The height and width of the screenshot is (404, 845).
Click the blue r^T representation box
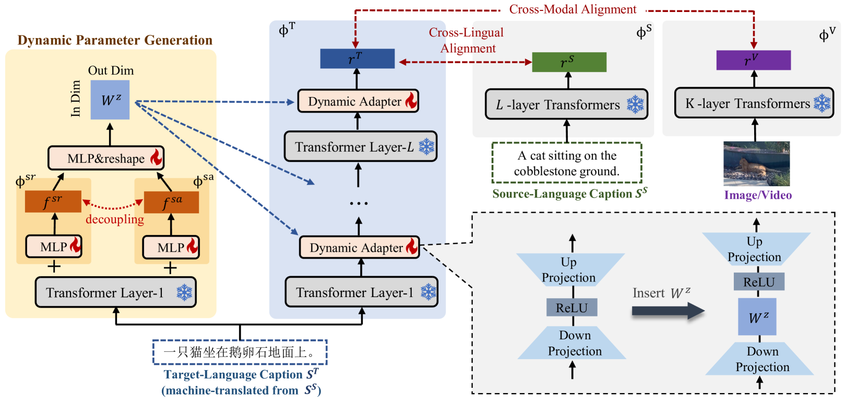pyautogui.click(x=357, y=58)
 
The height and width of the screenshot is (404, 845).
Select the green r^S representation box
pyautogui.click(x=569, y=62)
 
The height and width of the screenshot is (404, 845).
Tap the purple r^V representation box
pyautogui.click(x=753, y=60)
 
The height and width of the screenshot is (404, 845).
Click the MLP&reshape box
pyautogui.click(x=106, y=158)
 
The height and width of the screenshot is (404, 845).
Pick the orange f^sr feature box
pyautogui.click(x=53, y=201)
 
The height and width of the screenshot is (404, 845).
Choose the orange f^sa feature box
pyautogui.click(x=171, y=202)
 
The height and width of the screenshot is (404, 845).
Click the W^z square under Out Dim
pyautogui.click(x=110, y=100)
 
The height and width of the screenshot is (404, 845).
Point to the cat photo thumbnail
pyautogui.click(x=756, y=164)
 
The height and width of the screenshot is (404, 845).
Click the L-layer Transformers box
pyautogui.click(x=566, y=104)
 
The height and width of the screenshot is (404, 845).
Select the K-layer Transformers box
pyautogui.click(x=754, y=103)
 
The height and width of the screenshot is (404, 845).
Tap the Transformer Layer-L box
pyautogui.click(x=360, y=146)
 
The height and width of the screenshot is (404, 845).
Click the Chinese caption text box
pyautogui.click(x=240, y=352)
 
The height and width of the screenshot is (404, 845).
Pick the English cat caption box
pyautogui.click(x=566, y=163)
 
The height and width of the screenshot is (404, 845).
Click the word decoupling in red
pyautogui.click(x=115, y=219)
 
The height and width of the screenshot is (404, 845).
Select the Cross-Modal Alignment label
pyautogui.click(x=573, y=9)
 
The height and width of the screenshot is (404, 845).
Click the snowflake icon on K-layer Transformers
pyautogui.click(x=822, y=103)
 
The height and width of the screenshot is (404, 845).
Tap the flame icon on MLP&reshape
pyautogui.click(x=156, y=157)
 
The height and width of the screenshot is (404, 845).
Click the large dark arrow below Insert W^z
pyautogui.click(x=668, y=311)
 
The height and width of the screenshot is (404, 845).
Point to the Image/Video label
pyautogui.click(x=758, y=195)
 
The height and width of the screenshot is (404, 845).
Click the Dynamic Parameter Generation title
pyautogui.click(x=115, y=40)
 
